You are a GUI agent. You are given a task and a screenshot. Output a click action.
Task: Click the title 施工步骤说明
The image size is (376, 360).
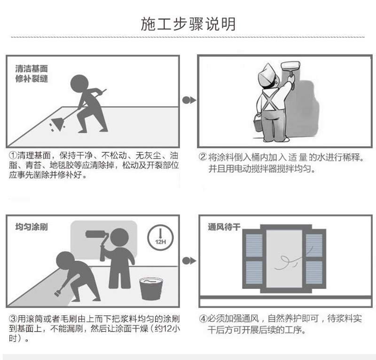click(x=188, y=24)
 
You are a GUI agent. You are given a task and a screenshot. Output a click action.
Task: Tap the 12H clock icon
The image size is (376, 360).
click(x=160, y=237)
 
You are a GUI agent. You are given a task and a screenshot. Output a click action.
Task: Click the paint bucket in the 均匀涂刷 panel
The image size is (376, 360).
click(x=151, y=288)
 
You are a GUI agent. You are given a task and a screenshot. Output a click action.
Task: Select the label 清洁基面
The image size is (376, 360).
click(x=31, y=69)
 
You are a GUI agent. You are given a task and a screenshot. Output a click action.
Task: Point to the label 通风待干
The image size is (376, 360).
click(x=224, y=227)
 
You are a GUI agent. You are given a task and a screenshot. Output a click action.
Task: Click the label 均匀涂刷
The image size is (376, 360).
click(x=31, y=227)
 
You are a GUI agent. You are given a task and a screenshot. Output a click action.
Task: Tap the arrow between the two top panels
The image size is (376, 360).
click(x=189, y=100)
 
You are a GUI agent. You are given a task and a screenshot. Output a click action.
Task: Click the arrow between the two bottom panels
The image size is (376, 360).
click(x=189, y=261)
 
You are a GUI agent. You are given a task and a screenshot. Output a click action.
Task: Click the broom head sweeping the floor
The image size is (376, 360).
click(x=57, y=124)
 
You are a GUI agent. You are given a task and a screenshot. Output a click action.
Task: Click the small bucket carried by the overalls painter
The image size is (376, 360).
click(x=258, y=123)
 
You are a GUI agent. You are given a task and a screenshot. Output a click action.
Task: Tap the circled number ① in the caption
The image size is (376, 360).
click(x=13, y=155)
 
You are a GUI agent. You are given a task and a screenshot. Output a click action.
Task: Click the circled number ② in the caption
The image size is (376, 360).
click(x=203, y=157)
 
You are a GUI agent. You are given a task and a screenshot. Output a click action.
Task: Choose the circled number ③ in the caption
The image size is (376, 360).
click(x=13, y=319)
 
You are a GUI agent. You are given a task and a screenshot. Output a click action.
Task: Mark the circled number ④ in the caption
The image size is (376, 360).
click(x=203, y=319)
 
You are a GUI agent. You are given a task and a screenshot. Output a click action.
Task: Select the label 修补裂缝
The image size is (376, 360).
click(x=31, y=79)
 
